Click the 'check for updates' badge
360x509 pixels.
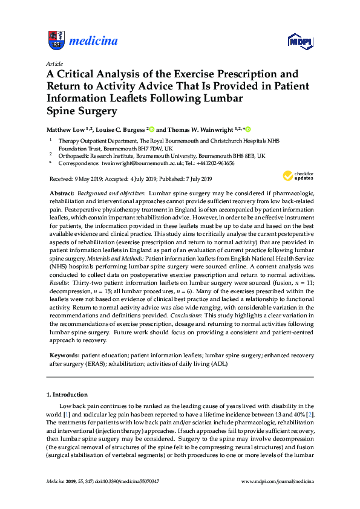pyautogui.click(x=296, y=176)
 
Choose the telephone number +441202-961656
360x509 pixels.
pyautogui.click(x=214, y=163)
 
